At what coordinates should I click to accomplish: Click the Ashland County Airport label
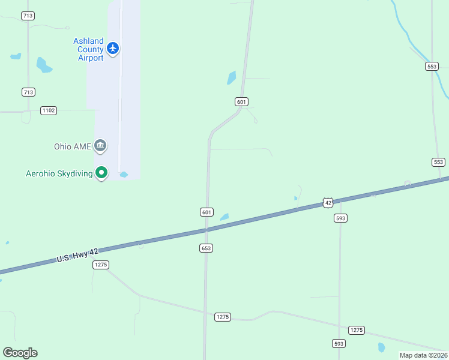click(x=88, y=49)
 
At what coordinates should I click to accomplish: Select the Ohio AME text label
click(x=72, y=146)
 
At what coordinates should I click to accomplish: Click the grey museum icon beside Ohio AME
click(x=100, y=145)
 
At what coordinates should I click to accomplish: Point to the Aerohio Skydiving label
click(x=59, y=174)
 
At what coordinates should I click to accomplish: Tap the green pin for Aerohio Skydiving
click(x=102, y=173)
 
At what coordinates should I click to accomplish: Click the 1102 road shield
click(x=49, y=110)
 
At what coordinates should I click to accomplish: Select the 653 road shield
click(x=207, y=248)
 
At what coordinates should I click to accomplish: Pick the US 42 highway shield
click(x=327, y=203)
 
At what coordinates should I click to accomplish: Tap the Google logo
click(x=20, y=353)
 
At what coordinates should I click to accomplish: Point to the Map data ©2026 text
click(x=423, y=355)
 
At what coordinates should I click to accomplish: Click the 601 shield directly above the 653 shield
click(x=206, y=212)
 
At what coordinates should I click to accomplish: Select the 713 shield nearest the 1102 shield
click(x=28, y=92)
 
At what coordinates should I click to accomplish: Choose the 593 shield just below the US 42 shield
click(x=340, y=218)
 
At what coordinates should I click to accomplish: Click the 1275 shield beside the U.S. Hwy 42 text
click(x=100, y=265)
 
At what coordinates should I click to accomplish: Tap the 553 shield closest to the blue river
click(x=432, y=66)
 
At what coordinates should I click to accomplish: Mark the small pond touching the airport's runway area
click(x=124, y=175)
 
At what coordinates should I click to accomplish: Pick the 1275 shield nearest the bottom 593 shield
click(x=357, y=330)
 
